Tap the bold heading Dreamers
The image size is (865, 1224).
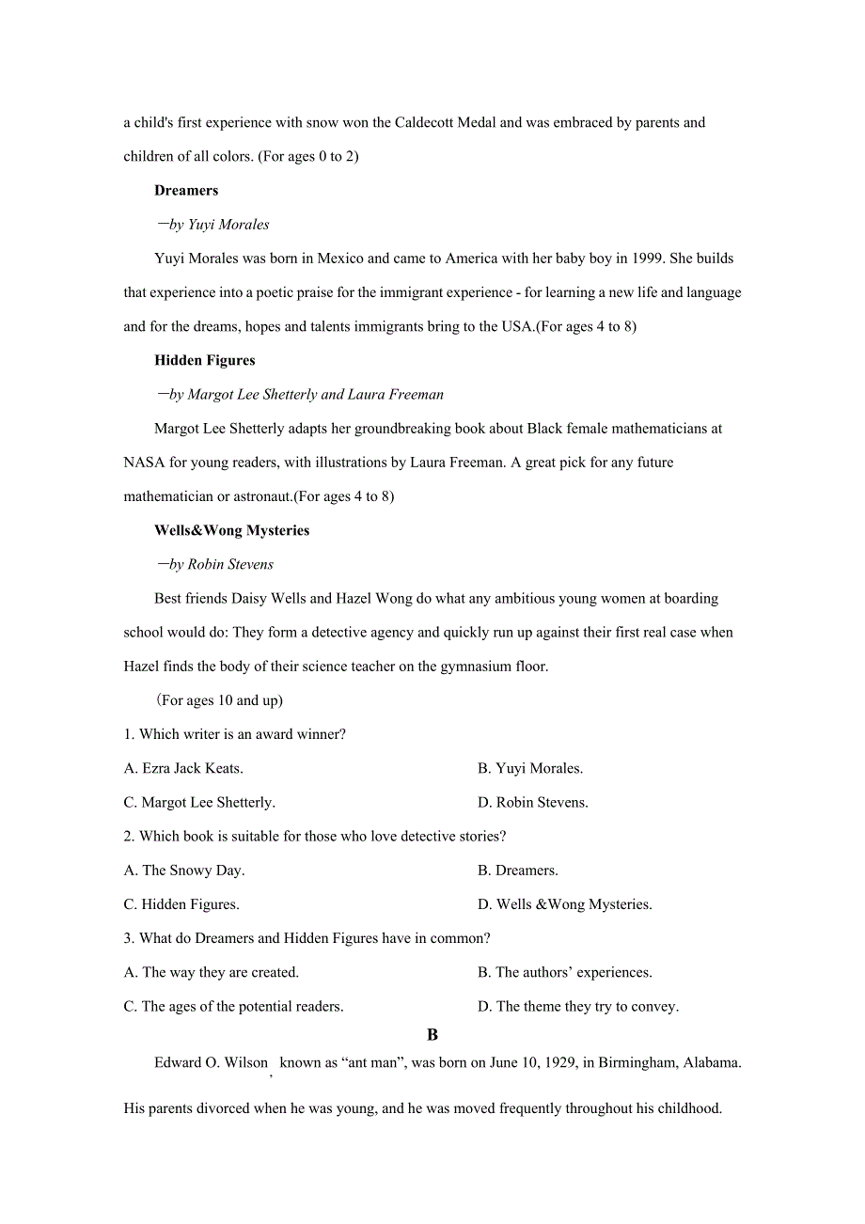point(186,190)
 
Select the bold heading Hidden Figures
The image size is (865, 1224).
point(205,360)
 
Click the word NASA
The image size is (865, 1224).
point(143,463)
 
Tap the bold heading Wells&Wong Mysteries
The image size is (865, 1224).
point(231,530)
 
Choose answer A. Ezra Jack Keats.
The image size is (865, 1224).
point(183,769)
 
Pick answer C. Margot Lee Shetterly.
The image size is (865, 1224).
point(199,803)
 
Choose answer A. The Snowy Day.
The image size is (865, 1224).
point(184,871)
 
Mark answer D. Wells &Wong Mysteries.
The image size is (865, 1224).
point(564,904)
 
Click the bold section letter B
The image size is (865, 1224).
point(432,1035)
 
